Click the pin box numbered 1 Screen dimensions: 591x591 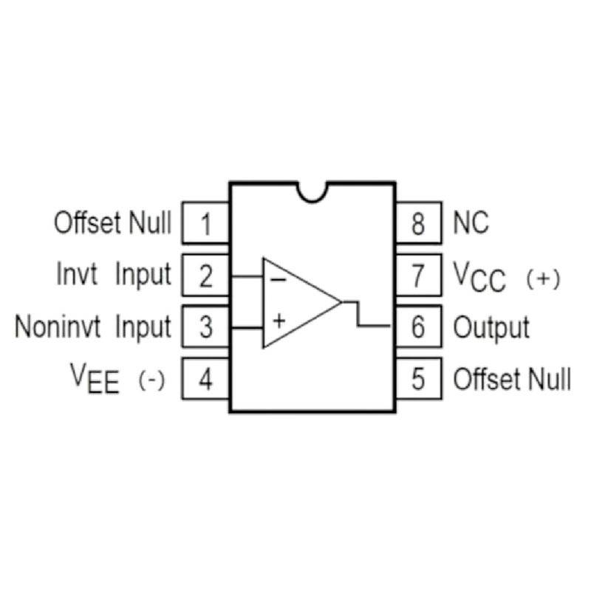click(205, 223)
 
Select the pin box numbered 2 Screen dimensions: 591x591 click(205, 276)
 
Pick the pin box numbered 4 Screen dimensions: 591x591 click(205, 380)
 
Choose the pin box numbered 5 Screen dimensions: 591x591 click(419, 380)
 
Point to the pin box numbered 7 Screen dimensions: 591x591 click(419, 276)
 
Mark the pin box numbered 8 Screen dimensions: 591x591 click(419, 223)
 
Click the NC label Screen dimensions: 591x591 click(471, 223)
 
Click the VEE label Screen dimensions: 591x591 click(95, 381)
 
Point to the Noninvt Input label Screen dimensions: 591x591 click(93, 327)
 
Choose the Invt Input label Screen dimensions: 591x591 click(113, 275)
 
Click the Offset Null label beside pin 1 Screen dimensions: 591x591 click(112, 222)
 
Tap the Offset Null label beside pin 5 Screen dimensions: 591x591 click(512, 380)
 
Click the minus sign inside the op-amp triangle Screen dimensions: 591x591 click(279, 280)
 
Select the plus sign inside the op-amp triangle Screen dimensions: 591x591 click(279, 321)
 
